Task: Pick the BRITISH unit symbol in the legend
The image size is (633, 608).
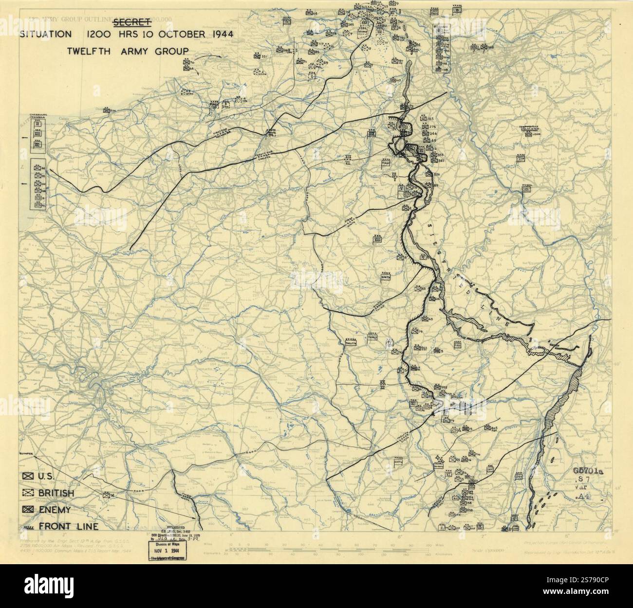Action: (x=28, y=493)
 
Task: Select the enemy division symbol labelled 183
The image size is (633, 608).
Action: (x=423, y=119)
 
